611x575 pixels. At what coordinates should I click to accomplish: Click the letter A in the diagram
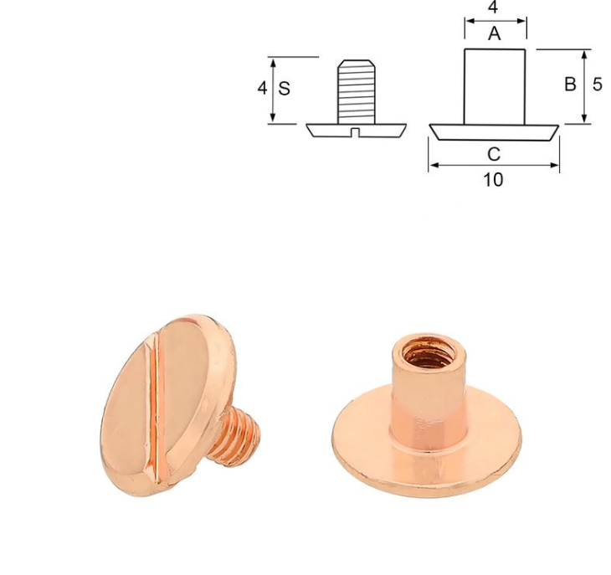click(494, 33)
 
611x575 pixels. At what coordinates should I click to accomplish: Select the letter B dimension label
click(570, 85)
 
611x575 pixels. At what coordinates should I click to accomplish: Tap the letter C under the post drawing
click(494, 154)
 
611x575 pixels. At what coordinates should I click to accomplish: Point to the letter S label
click(284, 89)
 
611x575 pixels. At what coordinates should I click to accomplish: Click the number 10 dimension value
click(493, 180)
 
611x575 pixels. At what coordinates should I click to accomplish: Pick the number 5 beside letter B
click(598, 85)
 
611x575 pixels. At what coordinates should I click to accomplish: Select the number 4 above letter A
click(493, 8)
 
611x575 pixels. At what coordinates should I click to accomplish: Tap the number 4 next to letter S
click(262, 88)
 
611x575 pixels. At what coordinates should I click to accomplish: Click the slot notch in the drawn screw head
click(355, 132)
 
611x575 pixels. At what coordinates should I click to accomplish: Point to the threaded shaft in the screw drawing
click(357, 92)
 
